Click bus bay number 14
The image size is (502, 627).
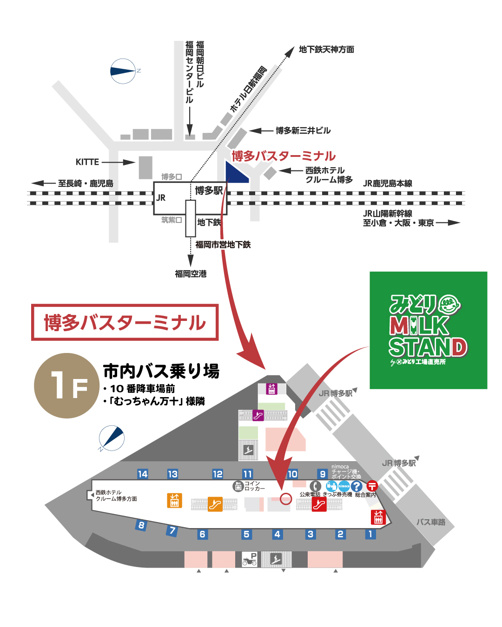coord(143,474)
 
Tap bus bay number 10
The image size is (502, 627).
coord(292,474)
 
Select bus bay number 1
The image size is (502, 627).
coord(370,534)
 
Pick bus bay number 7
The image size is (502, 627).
coord(172,530)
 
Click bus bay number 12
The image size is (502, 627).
coord(218,474)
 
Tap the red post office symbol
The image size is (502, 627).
coord(372,486)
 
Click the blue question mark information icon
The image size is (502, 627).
coord(357,486)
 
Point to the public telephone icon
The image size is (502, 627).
coord(315,486)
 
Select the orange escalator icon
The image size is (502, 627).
coord(215,504)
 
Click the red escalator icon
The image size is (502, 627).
coord(319,504)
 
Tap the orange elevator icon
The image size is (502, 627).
coord(174,500)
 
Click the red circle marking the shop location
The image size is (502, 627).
coord(286,499)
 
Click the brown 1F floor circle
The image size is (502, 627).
coord(67,385)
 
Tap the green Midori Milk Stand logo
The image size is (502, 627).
coord(428,330)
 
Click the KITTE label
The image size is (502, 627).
coord(87,162)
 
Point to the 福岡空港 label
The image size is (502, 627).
coord(191,274)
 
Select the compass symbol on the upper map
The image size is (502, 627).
coord(123,71)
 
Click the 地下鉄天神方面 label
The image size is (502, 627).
coord(326,49)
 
